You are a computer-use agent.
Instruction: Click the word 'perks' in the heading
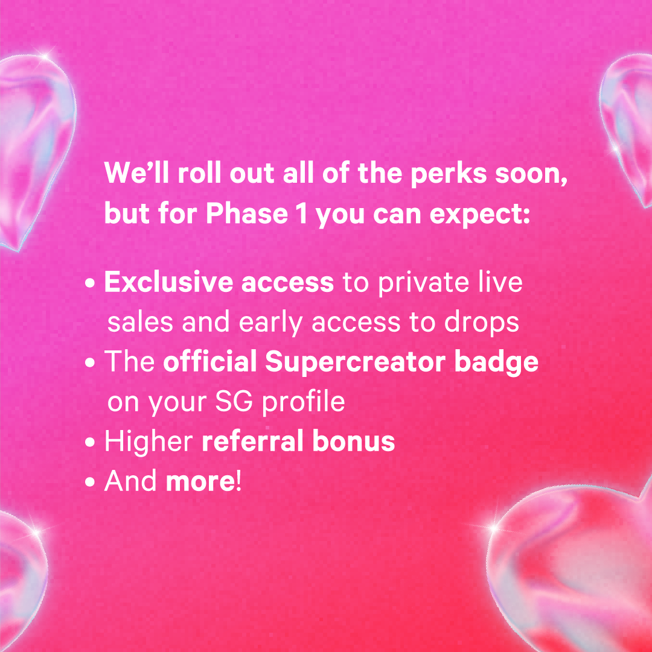click(448, 174)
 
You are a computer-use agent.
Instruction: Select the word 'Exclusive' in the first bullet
click(168, 282)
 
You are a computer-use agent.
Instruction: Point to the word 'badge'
click(496, 362)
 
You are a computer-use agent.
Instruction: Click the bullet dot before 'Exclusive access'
click(89, 283)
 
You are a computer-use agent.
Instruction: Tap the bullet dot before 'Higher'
click(89, 442)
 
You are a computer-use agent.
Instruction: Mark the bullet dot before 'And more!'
click(89, 481)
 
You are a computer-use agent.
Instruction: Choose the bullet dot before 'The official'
click(89, 362)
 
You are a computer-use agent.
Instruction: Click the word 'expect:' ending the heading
click(480, 215)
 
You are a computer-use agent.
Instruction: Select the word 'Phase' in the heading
click(247, 214)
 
